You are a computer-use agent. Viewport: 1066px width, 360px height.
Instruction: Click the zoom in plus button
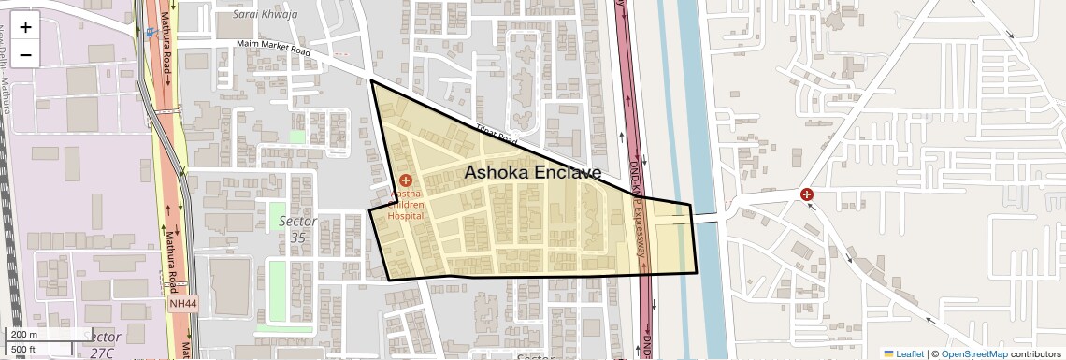(25, 26)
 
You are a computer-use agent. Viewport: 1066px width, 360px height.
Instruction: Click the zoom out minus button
(25, 54)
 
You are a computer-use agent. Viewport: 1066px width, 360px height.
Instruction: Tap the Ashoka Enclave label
(533, 172)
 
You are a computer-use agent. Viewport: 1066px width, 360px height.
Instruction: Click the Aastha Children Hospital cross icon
(406, 180)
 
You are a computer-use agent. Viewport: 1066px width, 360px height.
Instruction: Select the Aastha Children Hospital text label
(407, 204)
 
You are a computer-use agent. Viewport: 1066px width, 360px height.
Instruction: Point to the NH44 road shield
(182, 304)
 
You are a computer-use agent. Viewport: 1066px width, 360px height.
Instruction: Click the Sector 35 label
(298, 229)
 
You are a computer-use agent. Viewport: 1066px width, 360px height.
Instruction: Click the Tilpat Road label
(496, 135)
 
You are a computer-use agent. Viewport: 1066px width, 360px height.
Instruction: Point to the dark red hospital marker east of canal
(806, 195)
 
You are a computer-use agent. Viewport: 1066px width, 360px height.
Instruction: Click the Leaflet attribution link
(903, 353)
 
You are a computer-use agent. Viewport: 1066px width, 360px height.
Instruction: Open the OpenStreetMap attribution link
(973, 353)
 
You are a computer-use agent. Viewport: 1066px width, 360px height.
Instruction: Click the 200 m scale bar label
(23, 335)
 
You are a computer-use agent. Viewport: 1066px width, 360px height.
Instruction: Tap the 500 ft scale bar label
(22, 350)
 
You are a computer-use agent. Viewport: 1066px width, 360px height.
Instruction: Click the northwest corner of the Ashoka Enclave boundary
(371, 81)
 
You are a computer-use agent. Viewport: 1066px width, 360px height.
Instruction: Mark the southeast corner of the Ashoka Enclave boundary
(697, 272)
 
